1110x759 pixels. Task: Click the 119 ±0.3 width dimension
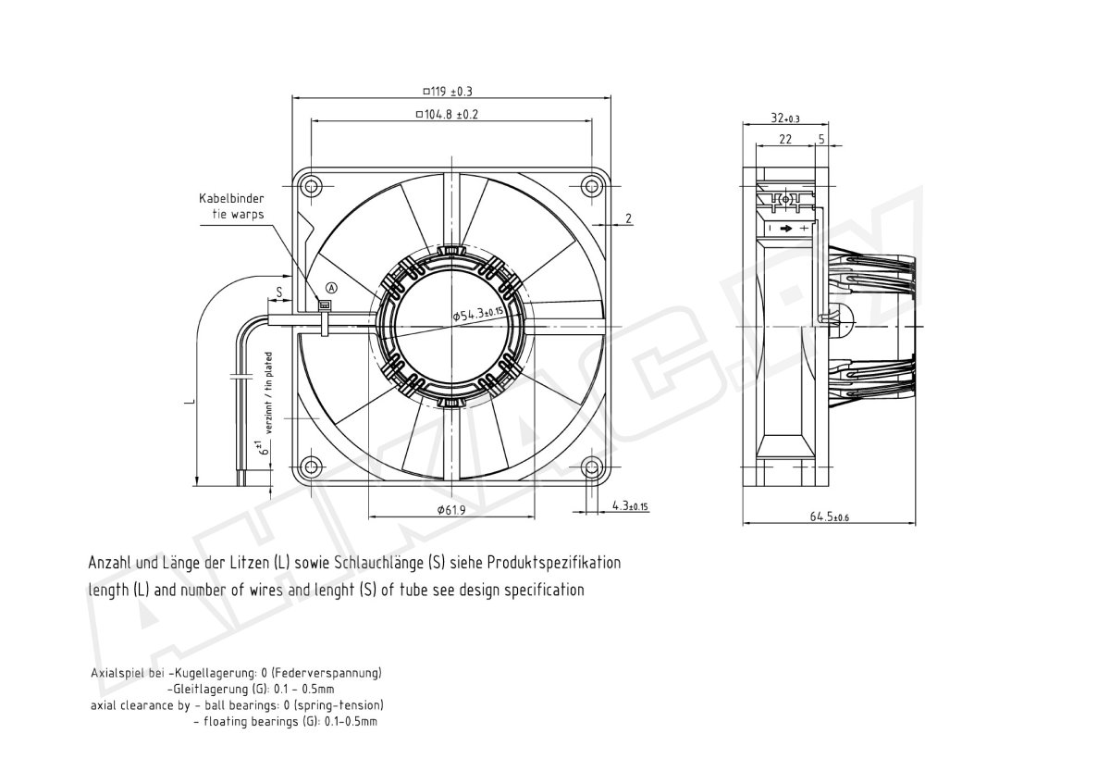click(x=448, y=92)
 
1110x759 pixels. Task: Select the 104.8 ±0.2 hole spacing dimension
click(x=447, y=115)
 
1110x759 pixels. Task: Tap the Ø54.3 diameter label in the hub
click(x=477, y=313)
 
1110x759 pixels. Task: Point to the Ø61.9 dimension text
click(x=451, y=509)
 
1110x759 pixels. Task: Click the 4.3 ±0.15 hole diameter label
click(x=630, y=505)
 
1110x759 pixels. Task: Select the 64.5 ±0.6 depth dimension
click(x=829, y=516)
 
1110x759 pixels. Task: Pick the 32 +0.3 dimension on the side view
click(x=785, y=118)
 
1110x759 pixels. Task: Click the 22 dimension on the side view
click(x=785, y=140)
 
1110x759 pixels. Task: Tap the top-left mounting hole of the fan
click(x=311, y=186)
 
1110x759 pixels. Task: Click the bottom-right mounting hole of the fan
click(x=591, y=467)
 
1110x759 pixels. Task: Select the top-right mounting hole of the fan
click(x=591, y=186)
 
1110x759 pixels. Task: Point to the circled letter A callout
click(x=331, y=288)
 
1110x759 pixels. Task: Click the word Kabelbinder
click(x=231, y=198)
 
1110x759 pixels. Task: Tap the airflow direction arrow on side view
click(x=786, y=228)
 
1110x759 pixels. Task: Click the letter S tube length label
click(x=279, y=292)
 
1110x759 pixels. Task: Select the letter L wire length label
click(x=190, y=402)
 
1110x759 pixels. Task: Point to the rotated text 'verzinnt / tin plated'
click(x=268, y=392)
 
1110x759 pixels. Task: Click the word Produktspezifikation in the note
click(x=553, y=563)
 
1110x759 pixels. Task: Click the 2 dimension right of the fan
click(x=628, y=218)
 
